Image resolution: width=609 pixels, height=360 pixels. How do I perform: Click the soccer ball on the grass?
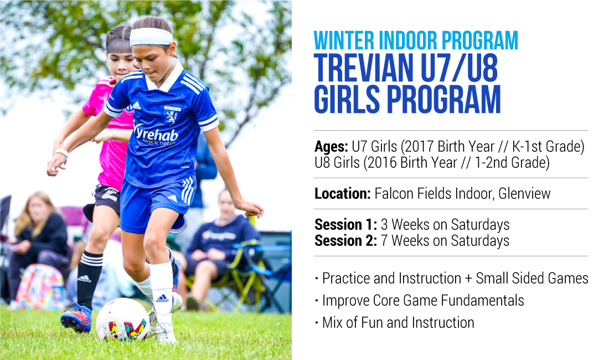coord(122,320)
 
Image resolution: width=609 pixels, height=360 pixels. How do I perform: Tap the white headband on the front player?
coord(151,37)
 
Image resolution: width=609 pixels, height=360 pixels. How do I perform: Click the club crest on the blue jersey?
coord(172,115)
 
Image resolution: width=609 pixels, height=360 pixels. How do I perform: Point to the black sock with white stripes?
coord(89,279)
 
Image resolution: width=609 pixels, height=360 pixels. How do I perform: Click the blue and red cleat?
coord(76,318)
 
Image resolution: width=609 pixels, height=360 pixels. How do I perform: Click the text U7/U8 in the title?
coord(459,68)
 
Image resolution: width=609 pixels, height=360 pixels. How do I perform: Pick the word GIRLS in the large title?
coord(347,99)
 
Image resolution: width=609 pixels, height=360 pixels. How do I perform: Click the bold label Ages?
coord(331,147)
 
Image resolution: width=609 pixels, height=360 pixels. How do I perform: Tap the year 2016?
coord(382,163)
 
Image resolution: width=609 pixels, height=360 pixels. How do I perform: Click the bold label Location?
coord(343,193)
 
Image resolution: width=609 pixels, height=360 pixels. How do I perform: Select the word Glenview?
coord(524,193)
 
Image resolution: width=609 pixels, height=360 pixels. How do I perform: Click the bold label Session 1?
coord(345,224)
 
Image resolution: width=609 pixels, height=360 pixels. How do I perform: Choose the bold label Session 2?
coord(345,241)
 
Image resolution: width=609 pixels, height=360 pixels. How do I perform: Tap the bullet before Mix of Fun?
coord(317,322)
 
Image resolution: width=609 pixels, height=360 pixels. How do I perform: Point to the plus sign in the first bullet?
coord(468,279)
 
